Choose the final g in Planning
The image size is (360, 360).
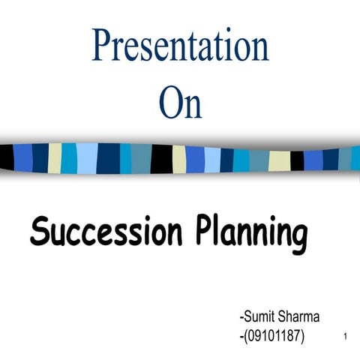(x=297, y=238)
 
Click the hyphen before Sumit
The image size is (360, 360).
(x=237, y=319)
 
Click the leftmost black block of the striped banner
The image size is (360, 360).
(x=7, y=156)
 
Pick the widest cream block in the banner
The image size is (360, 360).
(x=279, y=160)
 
